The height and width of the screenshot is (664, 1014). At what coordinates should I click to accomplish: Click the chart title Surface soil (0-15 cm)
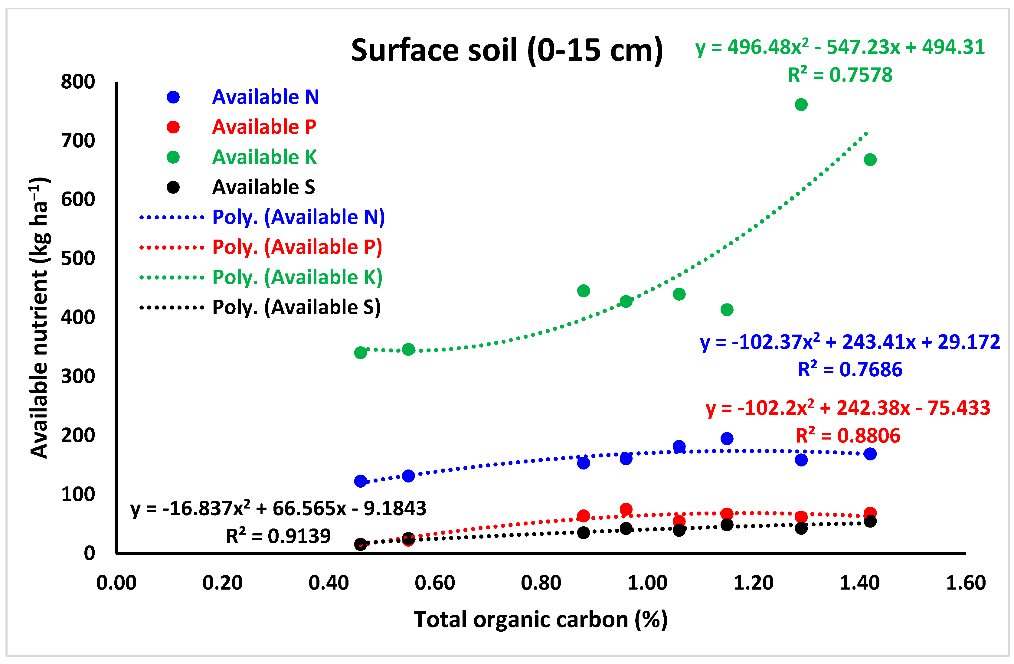point(507,50)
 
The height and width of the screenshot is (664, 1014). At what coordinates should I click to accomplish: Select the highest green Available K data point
point(801,104)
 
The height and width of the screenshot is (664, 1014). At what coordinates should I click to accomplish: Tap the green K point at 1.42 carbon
point(870,160)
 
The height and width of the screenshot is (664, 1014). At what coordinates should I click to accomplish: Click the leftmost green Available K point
point(361,353)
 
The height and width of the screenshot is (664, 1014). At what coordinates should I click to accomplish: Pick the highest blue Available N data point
point(727,438)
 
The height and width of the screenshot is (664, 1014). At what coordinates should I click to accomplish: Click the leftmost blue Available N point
point(361,481)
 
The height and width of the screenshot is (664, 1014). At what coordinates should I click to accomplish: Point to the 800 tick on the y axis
point(78,82)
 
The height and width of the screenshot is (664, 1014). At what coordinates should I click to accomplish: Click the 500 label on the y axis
point(78,259)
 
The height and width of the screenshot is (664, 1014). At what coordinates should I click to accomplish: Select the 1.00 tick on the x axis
point(647,583)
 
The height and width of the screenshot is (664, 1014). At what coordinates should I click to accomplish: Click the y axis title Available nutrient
point(40,317)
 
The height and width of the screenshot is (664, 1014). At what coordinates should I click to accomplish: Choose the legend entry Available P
point(264,127)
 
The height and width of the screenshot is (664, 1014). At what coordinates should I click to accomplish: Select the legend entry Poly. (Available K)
point(297,277)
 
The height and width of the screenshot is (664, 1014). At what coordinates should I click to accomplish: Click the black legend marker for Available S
point(173,187)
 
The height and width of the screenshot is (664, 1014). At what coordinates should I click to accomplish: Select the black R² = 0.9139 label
point(278,536)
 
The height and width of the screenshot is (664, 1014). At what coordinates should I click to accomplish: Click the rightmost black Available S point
point(870,521)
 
